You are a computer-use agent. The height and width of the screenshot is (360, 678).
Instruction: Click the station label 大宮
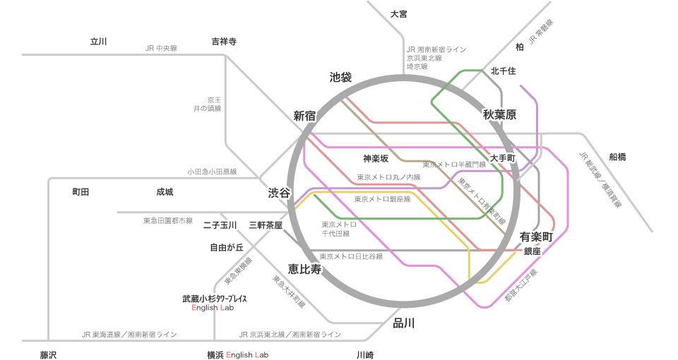(399, 14)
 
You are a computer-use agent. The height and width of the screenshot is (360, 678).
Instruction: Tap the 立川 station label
(98, 42)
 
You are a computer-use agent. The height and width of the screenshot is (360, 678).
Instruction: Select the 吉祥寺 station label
(224, 42)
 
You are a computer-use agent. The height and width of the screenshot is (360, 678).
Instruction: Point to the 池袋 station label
(341, 78)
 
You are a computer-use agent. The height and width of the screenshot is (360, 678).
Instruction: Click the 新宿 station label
(304, 116)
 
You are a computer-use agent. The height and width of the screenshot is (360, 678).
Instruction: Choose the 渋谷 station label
(278, 193)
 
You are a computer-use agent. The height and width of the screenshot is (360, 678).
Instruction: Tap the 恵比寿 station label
(304, 269)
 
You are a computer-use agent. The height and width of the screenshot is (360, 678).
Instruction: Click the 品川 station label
(404, 323)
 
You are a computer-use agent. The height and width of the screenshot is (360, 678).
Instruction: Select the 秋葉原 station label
(501, 114)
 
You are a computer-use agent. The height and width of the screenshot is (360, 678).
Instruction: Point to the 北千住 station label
(504, 71)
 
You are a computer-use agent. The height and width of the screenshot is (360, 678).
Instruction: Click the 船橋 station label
(617, 157)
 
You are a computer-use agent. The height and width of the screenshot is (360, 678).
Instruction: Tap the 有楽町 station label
(535, 236)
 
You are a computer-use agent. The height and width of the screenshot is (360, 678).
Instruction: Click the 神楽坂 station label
(376, 158)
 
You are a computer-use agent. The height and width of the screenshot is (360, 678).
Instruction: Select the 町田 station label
(81, 192)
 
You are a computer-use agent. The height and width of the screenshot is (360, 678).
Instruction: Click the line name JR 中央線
(160, 48)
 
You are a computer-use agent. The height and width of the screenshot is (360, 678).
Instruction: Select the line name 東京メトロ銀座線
(382, 200)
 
